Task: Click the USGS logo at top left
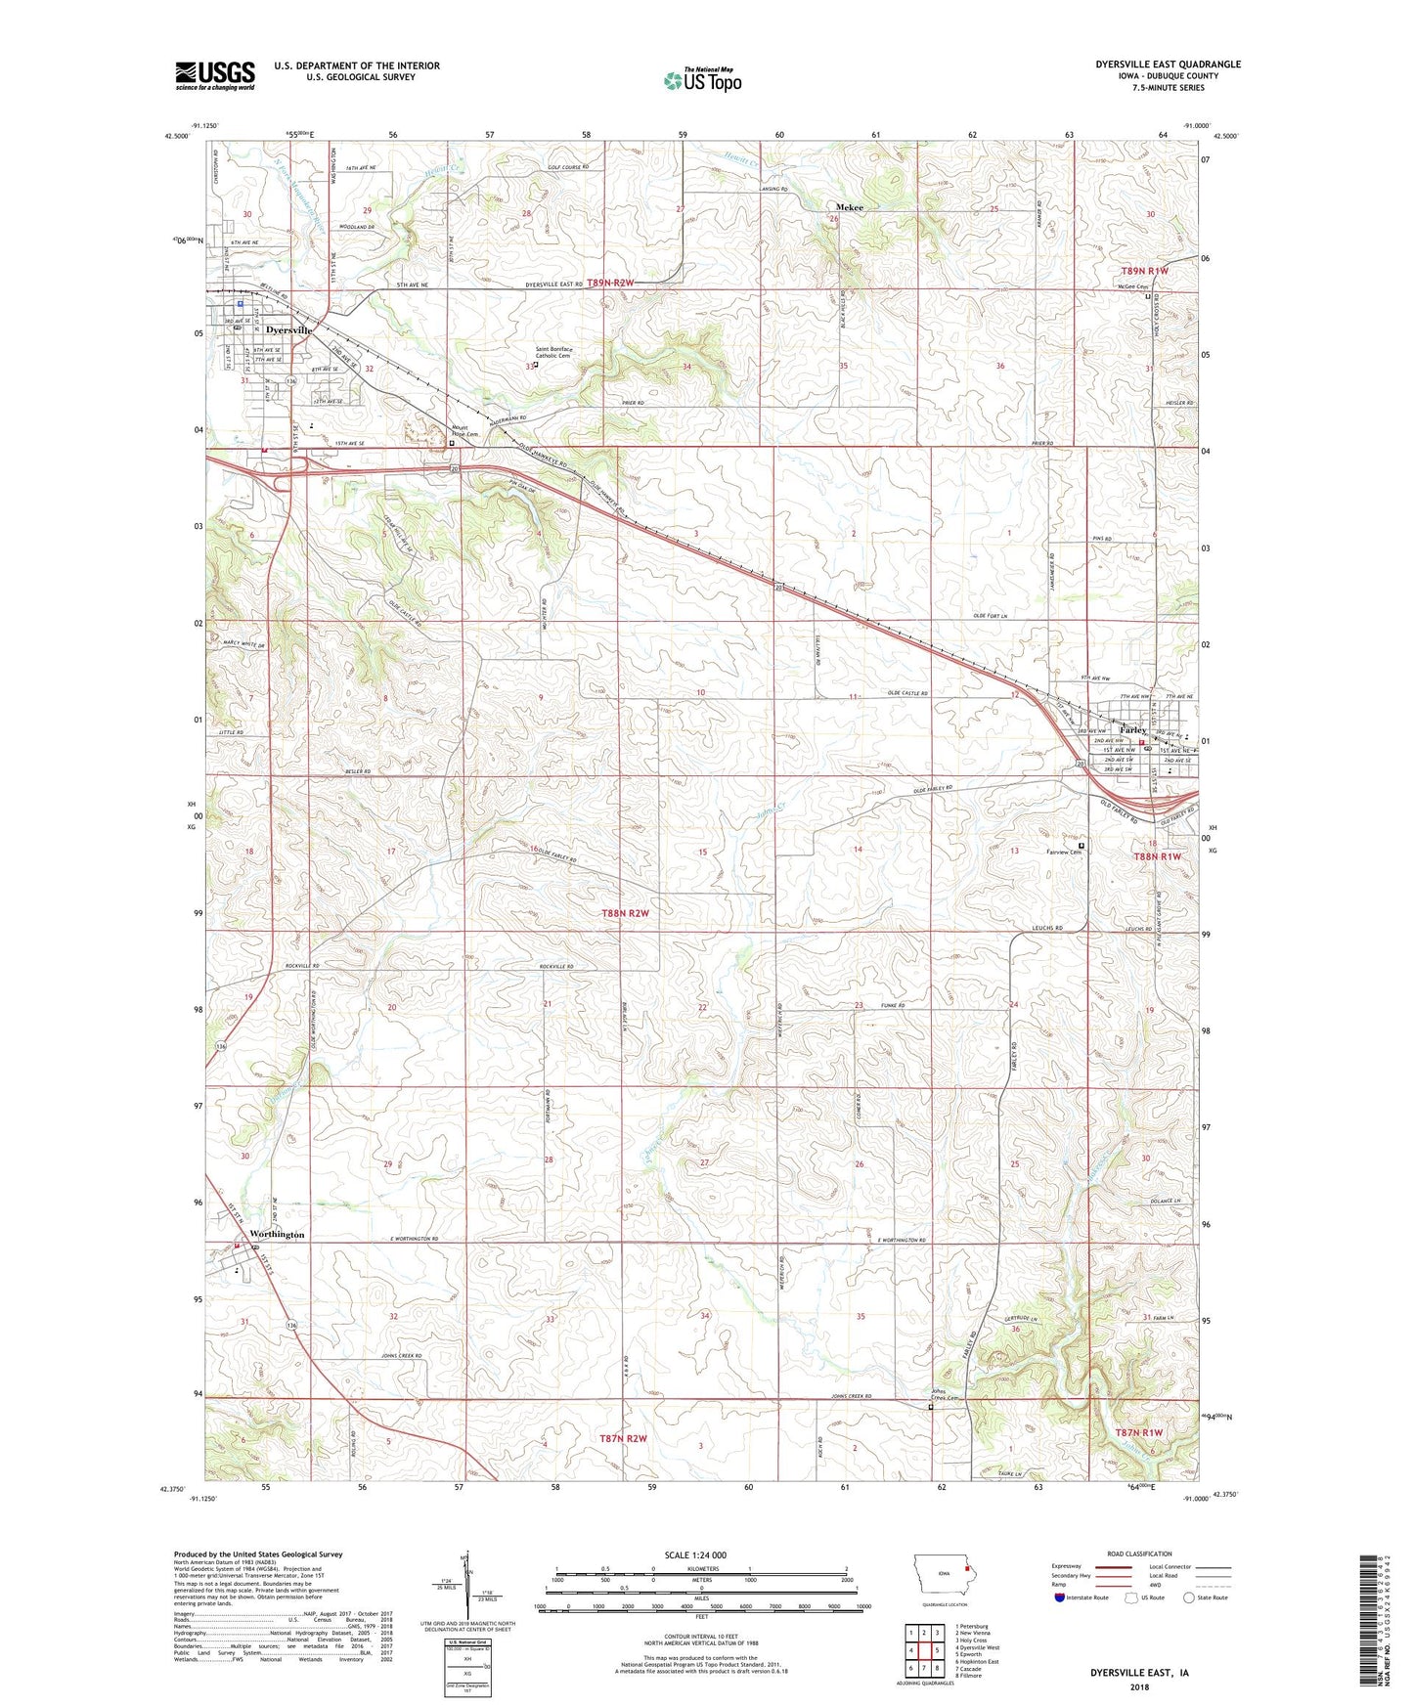(x=215, y=75)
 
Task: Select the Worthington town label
(x=277, y=1234)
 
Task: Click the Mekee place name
(x=849, y=207)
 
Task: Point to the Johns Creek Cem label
(x=944, y=1397)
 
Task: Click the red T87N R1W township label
(x=1139, y=1432)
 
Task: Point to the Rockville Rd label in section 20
(x=301, y=966)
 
